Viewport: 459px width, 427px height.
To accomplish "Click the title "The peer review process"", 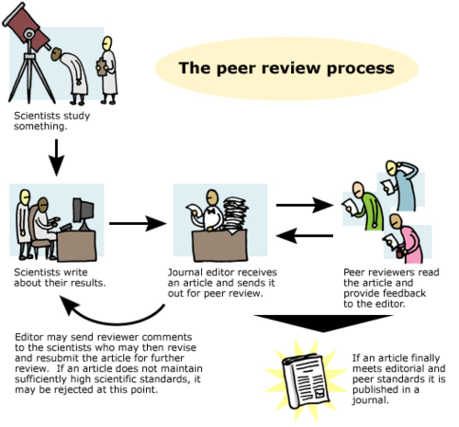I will [286, 68].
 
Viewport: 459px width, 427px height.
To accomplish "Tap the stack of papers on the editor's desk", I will [235, 213].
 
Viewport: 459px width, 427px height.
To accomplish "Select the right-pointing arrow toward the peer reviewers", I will [305, 205].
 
